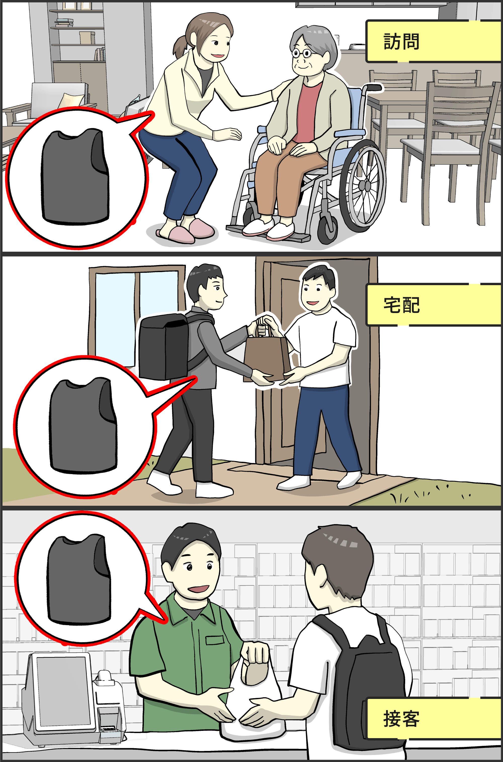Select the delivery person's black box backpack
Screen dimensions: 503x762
(x=164, y=347)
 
